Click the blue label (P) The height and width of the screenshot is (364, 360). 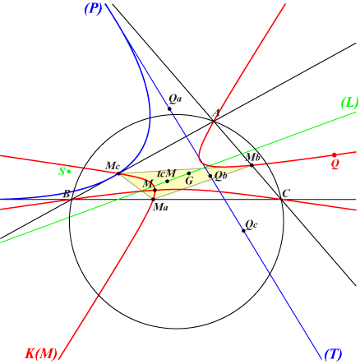pos(93,9)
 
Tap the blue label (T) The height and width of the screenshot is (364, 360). pos(334,354)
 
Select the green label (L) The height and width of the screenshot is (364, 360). pos(349,104)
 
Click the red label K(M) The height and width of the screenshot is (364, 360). pos(41,353)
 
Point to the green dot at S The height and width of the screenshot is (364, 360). pos(69,172)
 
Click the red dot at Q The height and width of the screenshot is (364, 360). pos(334,155)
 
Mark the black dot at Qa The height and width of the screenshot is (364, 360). pos(169,109)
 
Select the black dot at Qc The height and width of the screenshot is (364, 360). pos(243,231)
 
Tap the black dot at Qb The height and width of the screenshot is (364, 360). pos(210,176)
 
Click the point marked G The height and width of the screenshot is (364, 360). pos(189,173)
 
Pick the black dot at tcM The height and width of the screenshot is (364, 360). pos(167,182)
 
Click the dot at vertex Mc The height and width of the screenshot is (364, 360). pos(118,173)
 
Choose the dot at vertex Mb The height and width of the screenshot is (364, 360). pos(252,165)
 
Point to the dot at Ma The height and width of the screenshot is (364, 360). pos(153,200)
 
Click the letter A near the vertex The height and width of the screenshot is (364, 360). pos(216,113)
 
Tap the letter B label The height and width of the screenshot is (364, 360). pos(67,194)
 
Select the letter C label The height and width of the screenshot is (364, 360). pos(286,194)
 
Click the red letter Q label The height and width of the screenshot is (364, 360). pos(335,164)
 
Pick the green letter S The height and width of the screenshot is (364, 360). pos(62,172)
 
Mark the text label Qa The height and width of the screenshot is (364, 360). pos(175,99)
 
